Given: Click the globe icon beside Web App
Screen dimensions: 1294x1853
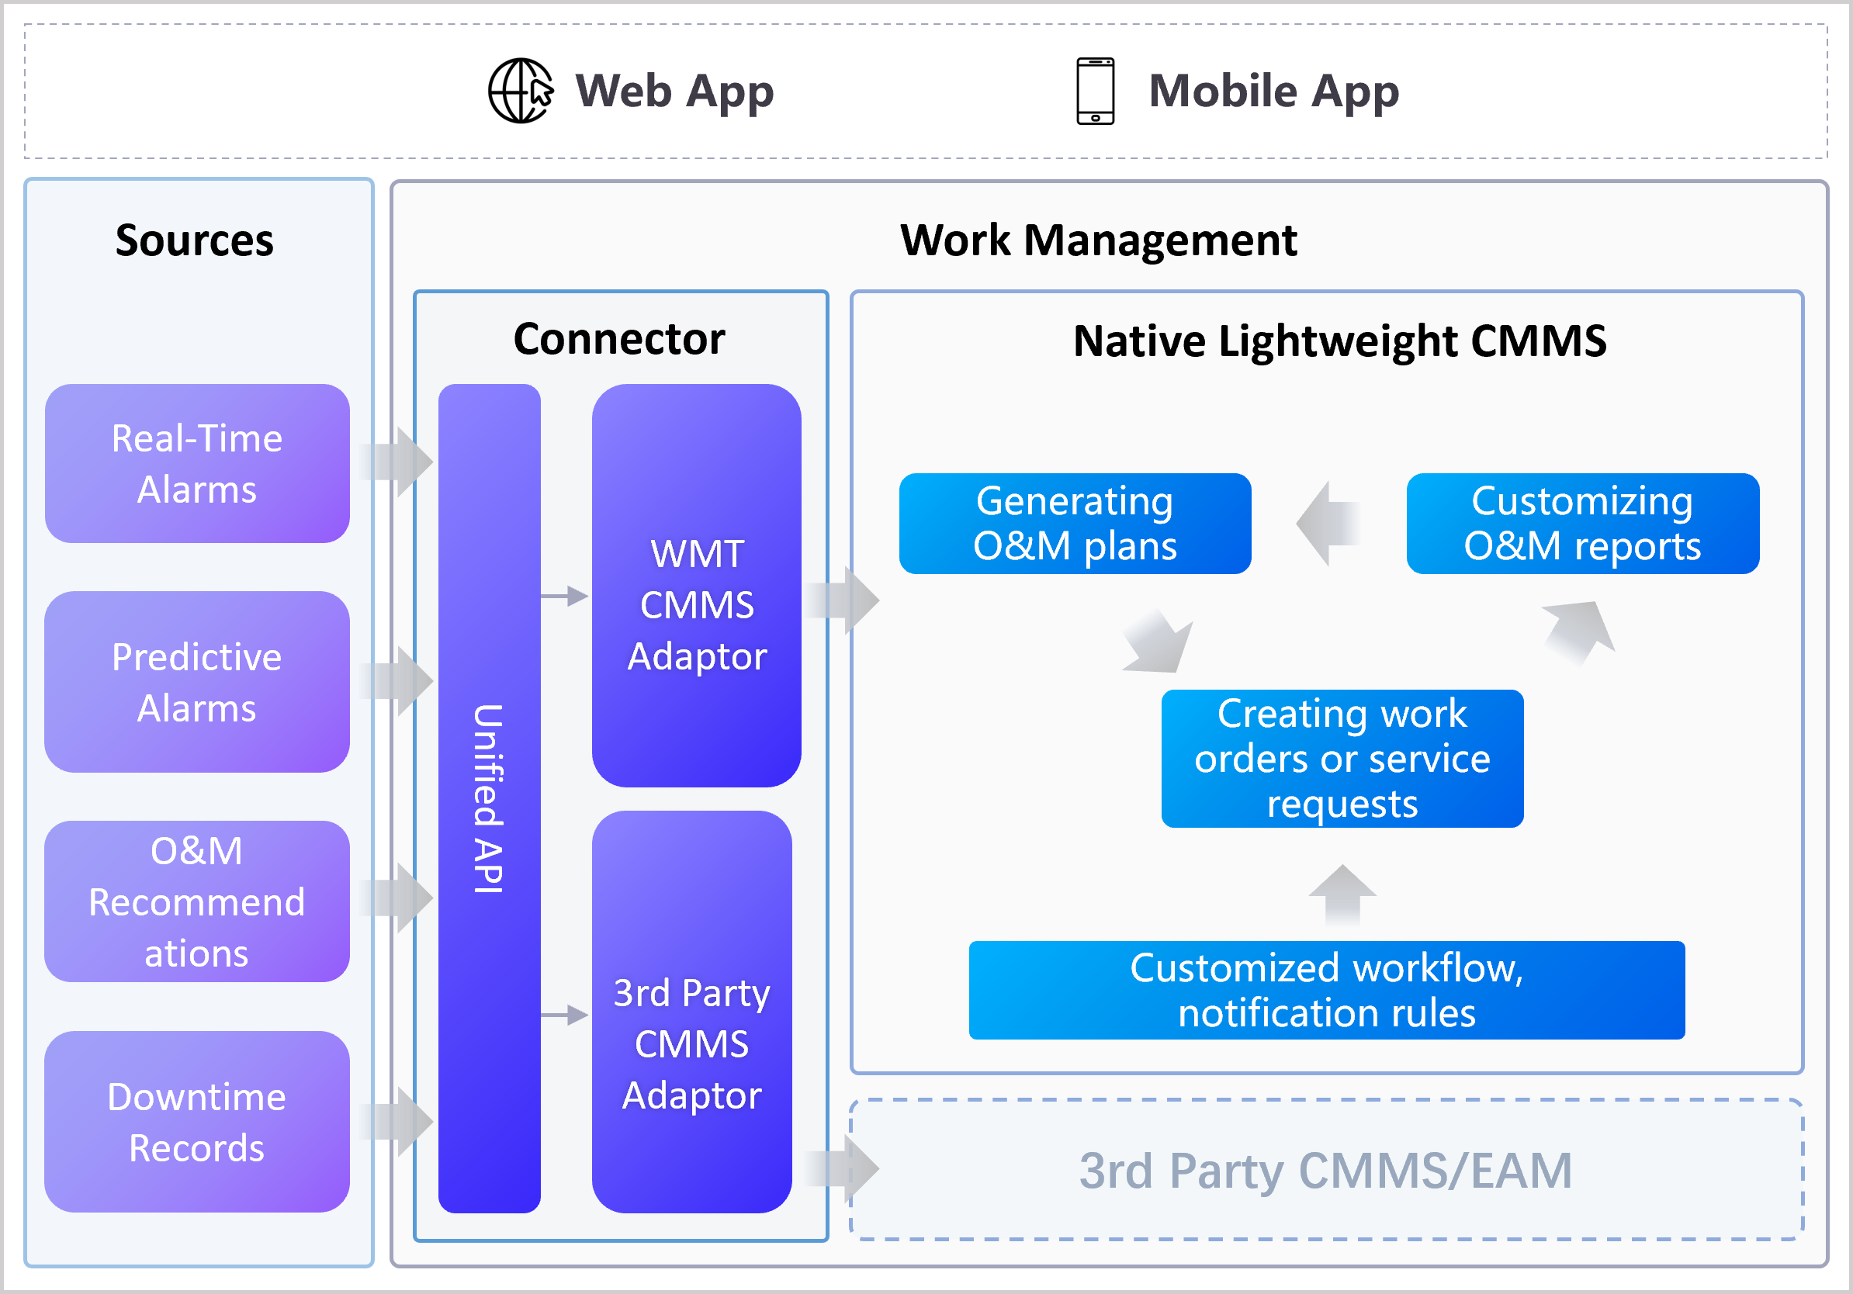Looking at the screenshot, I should point(521,90).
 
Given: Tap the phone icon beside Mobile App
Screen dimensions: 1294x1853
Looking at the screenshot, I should point(1095,90).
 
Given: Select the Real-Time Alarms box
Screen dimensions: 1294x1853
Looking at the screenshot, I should point(197,463).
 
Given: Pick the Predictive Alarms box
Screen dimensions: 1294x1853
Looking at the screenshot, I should point(197,682).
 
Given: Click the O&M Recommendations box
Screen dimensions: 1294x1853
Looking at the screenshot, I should point(197,901).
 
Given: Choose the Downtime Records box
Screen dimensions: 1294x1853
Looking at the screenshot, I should point(197,1121).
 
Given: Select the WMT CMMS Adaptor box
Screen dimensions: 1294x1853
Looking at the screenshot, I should point(697,586).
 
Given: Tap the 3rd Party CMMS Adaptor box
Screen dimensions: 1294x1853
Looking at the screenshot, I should point(691,1012).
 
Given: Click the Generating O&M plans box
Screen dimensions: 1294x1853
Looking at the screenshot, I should point(1075,524).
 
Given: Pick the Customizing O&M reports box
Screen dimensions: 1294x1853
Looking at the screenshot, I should point(1582,524).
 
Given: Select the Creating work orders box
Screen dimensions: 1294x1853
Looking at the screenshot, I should point(1342,759).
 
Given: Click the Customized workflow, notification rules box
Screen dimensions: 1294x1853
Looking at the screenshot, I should point(1327,990).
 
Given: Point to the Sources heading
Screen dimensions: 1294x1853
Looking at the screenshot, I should point(195,240).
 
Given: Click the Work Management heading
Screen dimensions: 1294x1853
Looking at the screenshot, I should point(1099,240).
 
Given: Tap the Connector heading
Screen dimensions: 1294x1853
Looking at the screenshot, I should point(619,339).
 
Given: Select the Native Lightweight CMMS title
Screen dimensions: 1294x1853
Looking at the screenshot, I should point(1340,341).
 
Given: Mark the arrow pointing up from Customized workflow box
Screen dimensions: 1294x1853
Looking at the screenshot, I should point(1342,895).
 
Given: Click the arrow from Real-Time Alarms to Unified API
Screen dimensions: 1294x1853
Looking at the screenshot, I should point(396,462).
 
